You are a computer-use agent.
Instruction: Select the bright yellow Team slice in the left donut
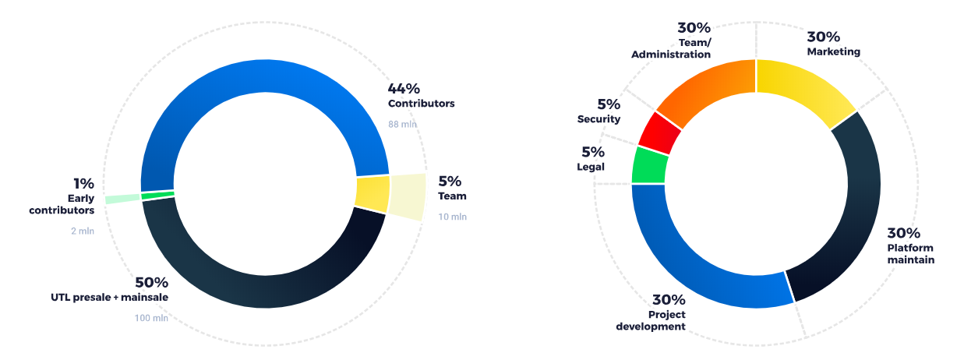pos(373,194)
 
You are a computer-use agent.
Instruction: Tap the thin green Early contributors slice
pos(158,195)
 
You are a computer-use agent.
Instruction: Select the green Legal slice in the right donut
pos(649,165)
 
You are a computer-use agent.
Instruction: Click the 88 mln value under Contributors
pos(404,123)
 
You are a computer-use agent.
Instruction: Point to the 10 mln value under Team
pos(452,217)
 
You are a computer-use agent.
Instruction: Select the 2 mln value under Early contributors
pos(81,231)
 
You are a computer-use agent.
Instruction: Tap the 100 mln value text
pos(151,317)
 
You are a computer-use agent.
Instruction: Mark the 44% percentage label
pos(404,88)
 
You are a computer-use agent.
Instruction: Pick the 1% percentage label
pos(83,184)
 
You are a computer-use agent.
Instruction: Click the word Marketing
pos(833,51)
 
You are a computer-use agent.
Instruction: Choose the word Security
pos(599,119)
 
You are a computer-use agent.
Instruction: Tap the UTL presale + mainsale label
pos(109,297)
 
